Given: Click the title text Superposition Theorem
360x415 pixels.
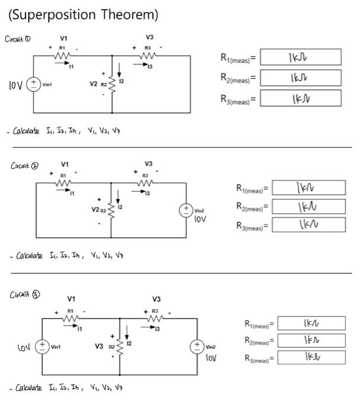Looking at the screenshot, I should [84, 14].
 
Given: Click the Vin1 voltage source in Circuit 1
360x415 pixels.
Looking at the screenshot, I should [33, 84].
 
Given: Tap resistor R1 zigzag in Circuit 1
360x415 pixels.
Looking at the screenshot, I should [62, 55].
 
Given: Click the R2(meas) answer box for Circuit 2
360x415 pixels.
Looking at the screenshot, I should [308, 206].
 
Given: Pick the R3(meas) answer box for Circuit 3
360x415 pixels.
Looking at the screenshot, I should [311, 357].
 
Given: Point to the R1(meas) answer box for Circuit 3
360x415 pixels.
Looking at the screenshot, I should [311, 324].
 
